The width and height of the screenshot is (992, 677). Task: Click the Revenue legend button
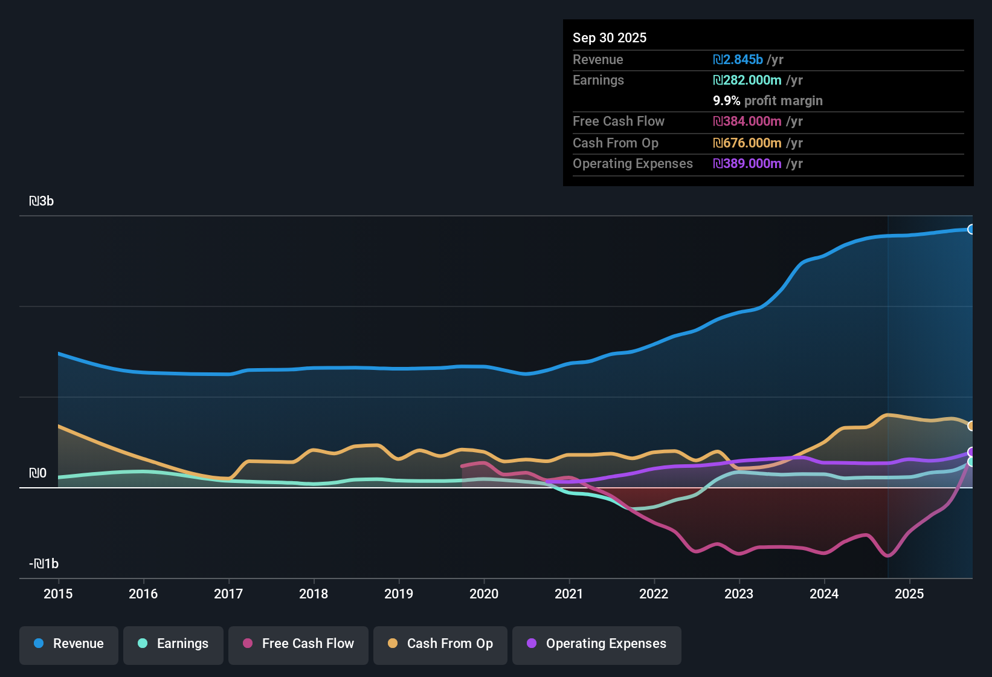click(x=69, y=644)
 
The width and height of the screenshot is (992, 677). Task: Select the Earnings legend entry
click(x=173, y=644)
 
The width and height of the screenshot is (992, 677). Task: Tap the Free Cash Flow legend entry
click(x=298, y=644)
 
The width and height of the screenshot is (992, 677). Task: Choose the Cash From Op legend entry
click(x=440, y=644)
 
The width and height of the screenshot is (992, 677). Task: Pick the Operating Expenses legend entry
click(x=597, y=644)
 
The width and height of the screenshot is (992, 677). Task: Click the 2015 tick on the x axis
click(x=58, y=594)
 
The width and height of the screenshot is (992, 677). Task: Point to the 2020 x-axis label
click(x=484, y=594)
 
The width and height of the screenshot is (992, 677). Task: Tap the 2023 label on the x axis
click(x=739, y=594)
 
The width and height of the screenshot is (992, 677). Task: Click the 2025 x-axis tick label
click(x=909, y=594)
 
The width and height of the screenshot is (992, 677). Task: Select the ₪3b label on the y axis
click(x=41, y=201)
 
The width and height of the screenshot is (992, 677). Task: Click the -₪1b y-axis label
click(x=44, y=564)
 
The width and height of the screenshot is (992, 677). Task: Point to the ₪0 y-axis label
click(x=37, y=473)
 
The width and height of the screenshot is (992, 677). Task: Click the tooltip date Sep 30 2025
click(x=610, y=37)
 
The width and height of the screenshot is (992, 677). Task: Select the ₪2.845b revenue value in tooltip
click(x=738, y=59)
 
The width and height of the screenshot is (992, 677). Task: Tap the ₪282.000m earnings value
click(x=747, y=80)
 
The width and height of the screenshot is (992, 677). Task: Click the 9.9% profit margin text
click(x=768, y=101)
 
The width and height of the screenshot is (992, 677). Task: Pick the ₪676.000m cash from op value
click(x=747, y=143)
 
